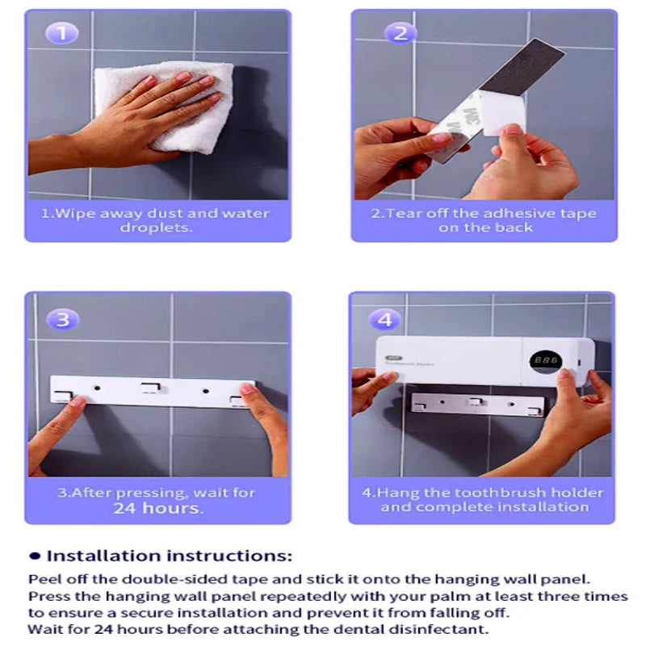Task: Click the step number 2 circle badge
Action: (x=400, y=33)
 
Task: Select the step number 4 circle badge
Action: (x=385, y=319)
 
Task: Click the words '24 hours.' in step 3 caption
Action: (x=157, y=508)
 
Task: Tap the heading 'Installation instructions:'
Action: (x=170, y=556)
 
